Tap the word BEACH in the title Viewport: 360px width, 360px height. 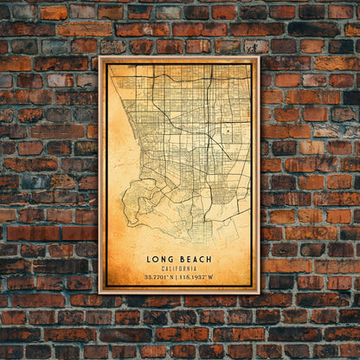click(195, 259)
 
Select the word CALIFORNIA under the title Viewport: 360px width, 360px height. click(179, 268)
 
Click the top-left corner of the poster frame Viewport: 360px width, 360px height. click(100, 58)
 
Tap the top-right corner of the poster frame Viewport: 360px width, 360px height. click(259, 58)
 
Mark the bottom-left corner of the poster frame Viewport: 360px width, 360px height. click(100, 293)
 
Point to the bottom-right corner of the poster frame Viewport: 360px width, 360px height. click(259, 293)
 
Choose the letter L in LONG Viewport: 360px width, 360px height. click(149, 259)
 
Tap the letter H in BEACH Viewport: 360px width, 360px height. click(210, 259)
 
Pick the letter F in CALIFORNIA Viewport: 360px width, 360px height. click(175, 268)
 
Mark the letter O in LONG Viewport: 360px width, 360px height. click(156, 259)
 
